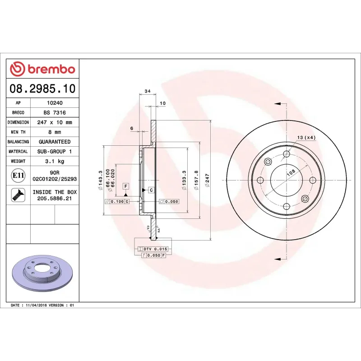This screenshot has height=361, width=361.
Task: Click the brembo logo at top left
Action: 42,69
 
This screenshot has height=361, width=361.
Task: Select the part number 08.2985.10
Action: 42,88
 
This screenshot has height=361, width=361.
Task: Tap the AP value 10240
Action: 54,103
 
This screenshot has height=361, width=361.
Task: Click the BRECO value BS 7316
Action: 54,112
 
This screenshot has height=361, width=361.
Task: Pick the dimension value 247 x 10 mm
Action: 54,122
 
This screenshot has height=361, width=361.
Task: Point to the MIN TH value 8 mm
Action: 54,132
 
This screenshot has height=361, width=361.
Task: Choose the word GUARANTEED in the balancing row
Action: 54,142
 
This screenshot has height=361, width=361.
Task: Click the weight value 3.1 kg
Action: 54,161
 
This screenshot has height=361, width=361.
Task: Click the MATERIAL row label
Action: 19,152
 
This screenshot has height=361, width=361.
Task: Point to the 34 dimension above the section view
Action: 148,92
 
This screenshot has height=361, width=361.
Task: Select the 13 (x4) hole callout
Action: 306,137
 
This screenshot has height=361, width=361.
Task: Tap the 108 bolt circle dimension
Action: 291,172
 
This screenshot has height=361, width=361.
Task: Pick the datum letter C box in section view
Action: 151,190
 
